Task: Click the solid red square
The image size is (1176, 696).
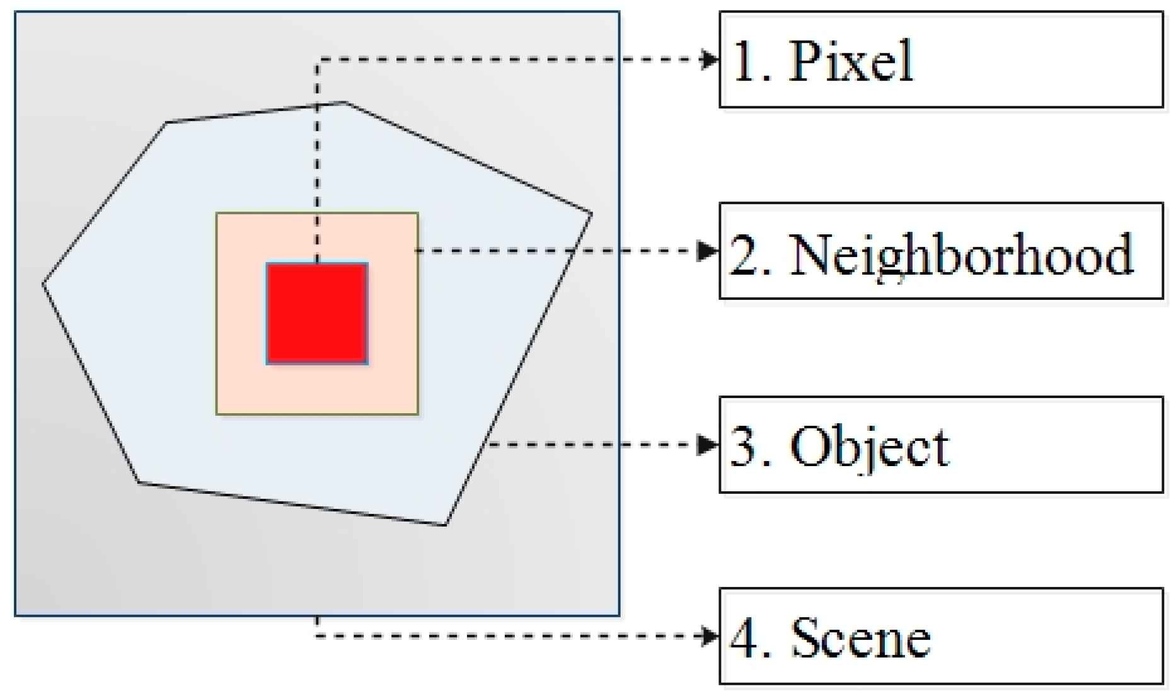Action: pyautogui.click(x=317, y=313)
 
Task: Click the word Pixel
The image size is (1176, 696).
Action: pyautogui.click(x=850, y=61)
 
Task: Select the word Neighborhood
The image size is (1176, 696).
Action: pyautogui.click(x=960, y=254)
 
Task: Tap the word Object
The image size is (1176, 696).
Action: pyautogui.click(x=869, y=447)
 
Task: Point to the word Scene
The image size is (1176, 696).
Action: pyautogui.click(x=860, y=637)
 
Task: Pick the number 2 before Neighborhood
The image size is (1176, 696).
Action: pyautogui.click(x=744, y=254)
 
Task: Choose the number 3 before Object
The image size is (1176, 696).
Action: pyautogui.click(x=744, y=447)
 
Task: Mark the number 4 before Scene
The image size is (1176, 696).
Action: pyautogui.click(x=744, y=637)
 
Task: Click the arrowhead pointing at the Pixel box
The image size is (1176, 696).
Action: pyautogui.click(x=710, y=60)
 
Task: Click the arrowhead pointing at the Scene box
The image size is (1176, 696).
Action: pyautogui.click(x=710, y=636)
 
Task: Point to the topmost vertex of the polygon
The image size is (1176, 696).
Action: pyautogui.click(x=344, y=102)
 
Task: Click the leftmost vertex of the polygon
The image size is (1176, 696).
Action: pyautogui.click(x=43, y=284)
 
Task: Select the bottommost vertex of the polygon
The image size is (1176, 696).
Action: pyautogui.click(x=445, y=525)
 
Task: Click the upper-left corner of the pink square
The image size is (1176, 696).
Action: pyautogui.click(x=217, y=214)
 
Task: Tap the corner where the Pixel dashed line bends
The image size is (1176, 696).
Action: pyautogui.click(x=317, y=60)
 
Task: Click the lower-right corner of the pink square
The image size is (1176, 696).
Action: pyautogui.click(x=417, y=414)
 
